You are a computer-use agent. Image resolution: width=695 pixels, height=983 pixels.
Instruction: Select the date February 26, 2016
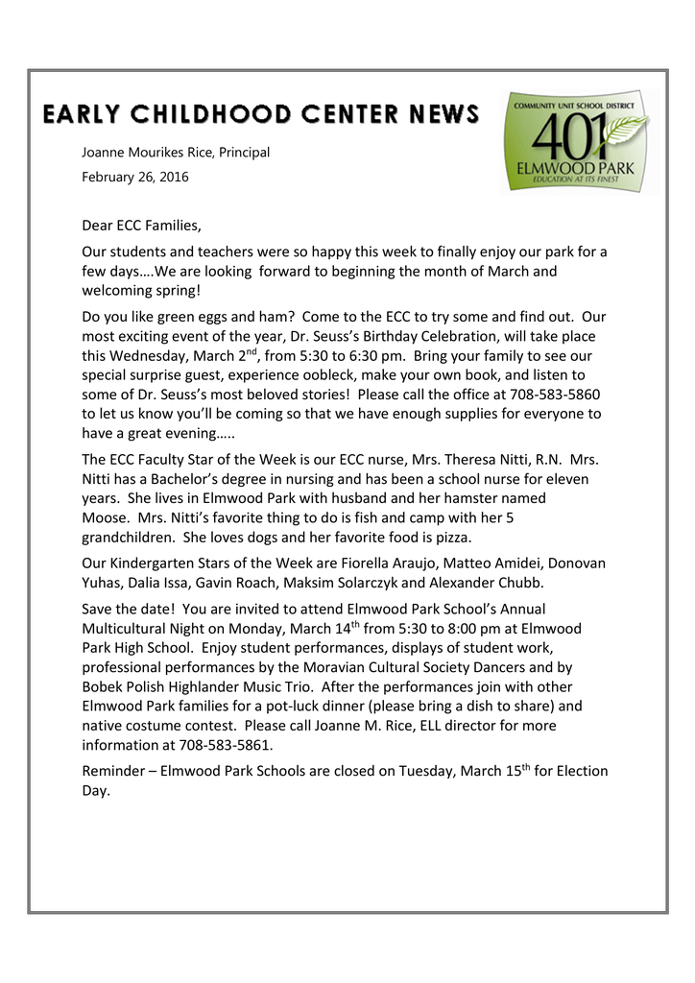coord(135,177)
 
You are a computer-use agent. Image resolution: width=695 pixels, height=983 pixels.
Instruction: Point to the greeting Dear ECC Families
coord(141,227)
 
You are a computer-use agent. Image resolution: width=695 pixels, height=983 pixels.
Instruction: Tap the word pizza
coord(451,537)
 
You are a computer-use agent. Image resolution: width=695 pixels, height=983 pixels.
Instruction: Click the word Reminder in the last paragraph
coord(114,771)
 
